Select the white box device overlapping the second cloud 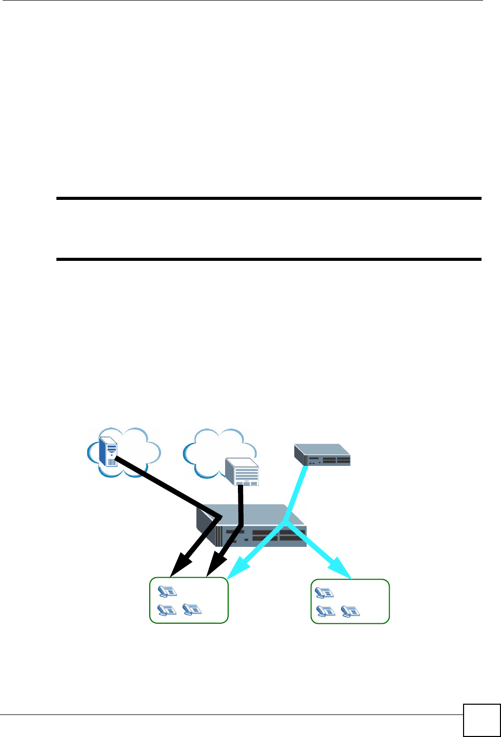pos(242,472)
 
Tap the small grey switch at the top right pos(322,455)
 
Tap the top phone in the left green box pos(167,591)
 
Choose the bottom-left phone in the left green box pos(167,609)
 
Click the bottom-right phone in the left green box pos(192,609)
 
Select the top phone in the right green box pos(324,592)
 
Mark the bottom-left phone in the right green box pos(325,611)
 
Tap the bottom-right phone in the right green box pos(350,611)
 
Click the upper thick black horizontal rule pos(269,198)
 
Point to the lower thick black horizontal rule pos(269,259)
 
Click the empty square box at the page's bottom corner pos(482,720)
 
